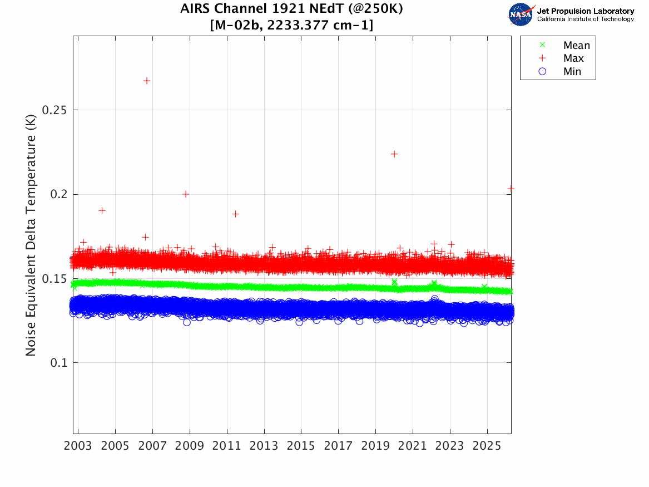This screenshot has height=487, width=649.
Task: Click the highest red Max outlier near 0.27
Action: [147, 81]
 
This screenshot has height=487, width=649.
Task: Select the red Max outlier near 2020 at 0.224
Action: [394, 154]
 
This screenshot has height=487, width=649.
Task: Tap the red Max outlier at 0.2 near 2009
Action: [186, 194]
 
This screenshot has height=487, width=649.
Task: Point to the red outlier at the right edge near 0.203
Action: [511, 189]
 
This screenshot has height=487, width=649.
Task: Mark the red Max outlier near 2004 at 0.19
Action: [102, 210]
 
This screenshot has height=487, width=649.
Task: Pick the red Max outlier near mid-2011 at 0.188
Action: [235, 214]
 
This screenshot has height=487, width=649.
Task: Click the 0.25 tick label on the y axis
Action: [55, 110]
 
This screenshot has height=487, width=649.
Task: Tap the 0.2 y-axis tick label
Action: [58, 194]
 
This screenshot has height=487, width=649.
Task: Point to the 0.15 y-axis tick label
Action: [55, 278]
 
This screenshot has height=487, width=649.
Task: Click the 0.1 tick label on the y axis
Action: [58, 363]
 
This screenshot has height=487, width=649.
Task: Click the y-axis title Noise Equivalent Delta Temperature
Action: [31, 236]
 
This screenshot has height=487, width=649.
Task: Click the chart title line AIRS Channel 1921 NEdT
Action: [291, 9]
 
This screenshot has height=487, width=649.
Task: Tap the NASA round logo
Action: [521, 14]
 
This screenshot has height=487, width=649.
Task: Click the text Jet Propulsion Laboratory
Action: [585, 11]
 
